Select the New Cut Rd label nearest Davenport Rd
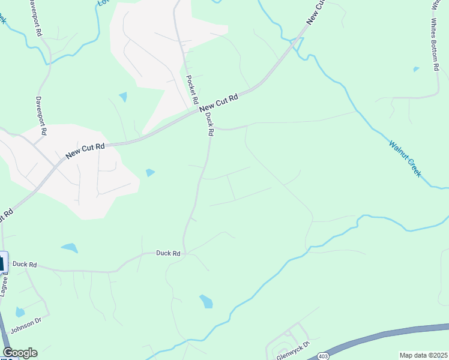click(85, 149)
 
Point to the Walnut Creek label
click(405, 158)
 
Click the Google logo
click(19, 353)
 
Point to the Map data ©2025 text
click(424, 355)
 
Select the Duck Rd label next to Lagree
click(25, 264)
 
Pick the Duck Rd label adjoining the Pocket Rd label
click(209, 125)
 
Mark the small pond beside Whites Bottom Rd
click(417, 70)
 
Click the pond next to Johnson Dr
click(20, 312)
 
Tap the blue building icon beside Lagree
click(2, 263)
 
